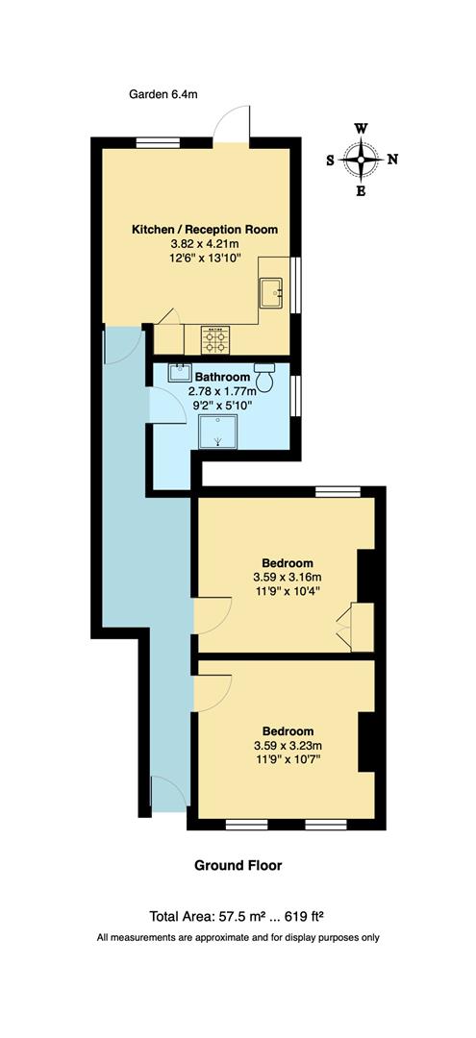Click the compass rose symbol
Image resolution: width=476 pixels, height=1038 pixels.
[x=362, y=160]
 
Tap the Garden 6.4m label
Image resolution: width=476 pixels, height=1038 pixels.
[x=163, y=94]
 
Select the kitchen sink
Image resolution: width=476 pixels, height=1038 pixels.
[x=273, y=289]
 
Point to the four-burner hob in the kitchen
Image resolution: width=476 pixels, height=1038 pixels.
[x=214, y=339]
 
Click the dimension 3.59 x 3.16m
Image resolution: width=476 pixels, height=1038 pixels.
[x=287, y=577]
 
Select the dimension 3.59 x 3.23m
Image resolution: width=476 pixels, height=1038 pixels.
[x=287, y=745]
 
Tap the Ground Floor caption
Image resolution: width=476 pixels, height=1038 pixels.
[x=238, y=865]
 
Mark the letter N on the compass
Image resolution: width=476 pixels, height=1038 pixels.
[x=392, y=160]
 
